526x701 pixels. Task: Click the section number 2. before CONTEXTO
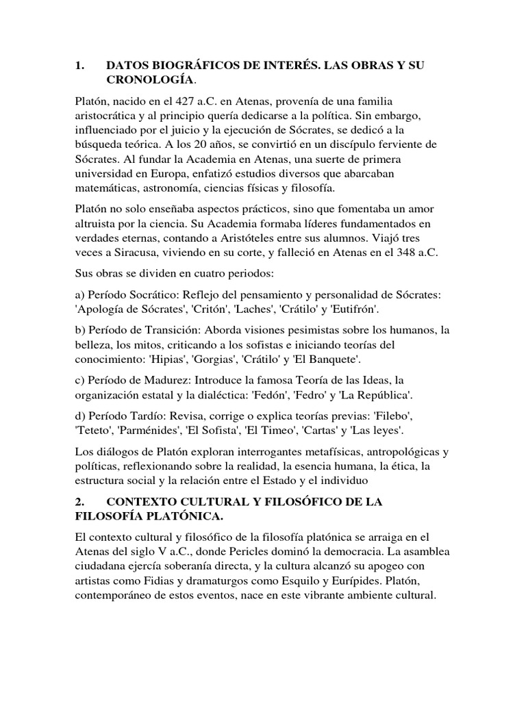click(x=80, y=502)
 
